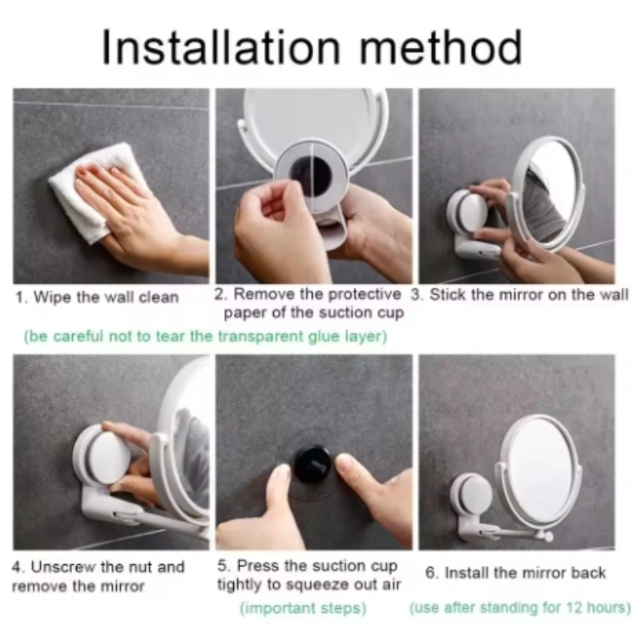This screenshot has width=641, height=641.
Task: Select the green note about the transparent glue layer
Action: [205, 337]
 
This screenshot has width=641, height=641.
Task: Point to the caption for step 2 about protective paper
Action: [308, 303]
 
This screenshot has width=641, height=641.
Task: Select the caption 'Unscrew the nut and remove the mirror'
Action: [98, 576]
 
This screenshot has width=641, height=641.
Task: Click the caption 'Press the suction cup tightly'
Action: [308, 575]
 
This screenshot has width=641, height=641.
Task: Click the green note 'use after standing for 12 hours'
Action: [519, 608]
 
